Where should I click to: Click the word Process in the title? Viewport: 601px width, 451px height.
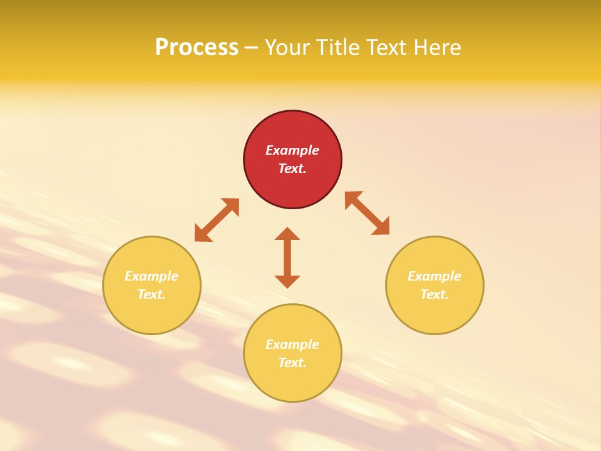197,48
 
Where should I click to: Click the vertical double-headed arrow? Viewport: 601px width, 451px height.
287,257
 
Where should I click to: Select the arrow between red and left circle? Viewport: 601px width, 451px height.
217,220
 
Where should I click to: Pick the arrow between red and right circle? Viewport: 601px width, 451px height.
367,213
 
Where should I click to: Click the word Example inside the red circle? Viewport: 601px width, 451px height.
292,150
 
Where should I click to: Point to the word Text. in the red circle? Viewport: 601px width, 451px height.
292,168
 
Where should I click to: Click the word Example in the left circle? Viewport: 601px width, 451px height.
152,276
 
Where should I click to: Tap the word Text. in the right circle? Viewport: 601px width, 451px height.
434,294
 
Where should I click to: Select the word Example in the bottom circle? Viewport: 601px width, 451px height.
292,345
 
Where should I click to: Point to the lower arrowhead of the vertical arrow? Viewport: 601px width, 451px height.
287,281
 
